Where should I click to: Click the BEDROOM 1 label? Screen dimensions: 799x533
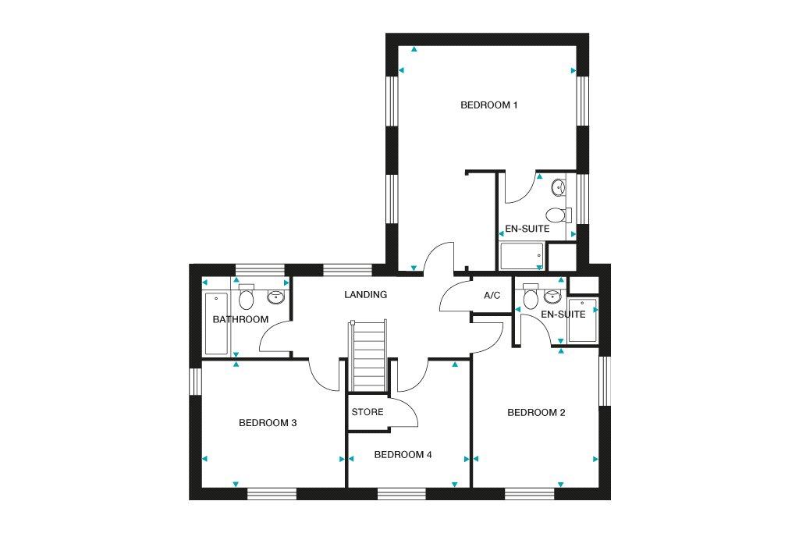[488, 105]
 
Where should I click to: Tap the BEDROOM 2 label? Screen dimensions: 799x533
[536, 412]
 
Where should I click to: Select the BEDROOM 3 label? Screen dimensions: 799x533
[268, 422]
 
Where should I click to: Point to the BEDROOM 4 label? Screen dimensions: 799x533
[403, 454]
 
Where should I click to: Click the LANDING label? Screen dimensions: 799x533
[365, 294]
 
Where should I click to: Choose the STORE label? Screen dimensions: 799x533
[368, 412]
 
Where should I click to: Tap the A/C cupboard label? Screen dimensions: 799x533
[492, 296]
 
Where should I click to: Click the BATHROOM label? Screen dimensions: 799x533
[240, 319]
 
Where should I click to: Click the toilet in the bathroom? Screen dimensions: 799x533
[246, 297]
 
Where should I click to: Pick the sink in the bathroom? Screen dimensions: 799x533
[276, 297]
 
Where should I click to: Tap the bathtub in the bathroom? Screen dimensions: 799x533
[216, 324]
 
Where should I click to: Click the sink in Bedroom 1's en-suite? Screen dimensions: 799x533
[559, 187]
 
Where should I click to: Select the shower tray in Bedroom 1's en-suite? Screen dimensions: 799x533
[522, 256]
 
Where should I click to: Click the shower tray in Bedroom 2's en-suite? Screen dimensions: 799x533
[582, 320]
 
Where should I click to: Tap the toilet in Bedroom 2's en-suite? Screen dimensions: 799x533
[531, 297]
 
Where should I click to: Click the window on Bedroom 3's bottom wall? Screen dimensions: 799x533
[272, 493]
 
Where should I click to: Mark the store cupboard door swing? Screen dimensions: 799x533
[405, 410]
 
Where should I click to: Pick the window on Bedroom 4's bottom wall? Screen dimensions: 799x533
[402, 493]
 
